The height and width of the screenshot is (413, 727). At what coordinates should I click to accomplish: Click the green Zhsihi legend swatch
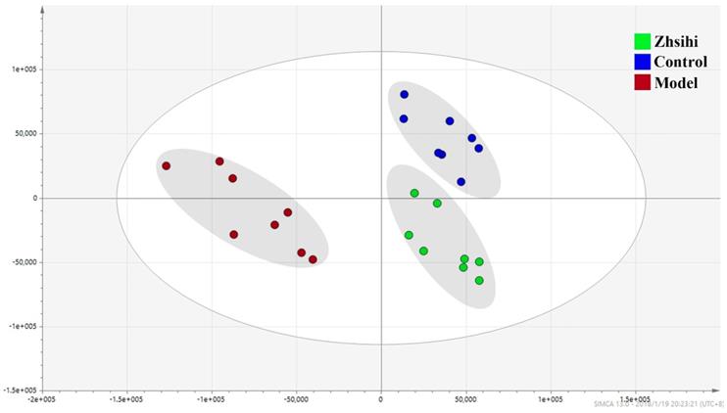(x=643, y=42)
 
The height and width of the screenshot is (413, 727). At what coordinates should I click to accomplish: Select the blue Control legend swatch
(x=643, y=62)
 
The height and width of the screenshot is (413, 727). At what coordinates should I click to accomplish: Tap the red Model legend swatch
(x=643, y=82)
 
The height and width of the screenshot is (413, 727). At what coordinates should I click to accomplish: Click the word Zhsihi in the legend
(x=677, y=42)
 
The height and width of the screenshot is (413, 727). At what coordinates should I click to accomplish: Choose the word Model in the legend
(x=676, y=83)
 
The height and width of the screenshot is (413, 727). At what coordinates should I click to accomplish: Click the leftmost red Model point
(x=167, y=166)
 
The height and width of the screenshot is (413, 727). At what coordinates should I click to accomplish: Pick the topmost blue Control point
(x=404, y=95)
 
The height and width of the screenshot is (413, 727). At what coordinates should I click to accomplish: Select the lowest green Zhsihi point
(x=479, y=281)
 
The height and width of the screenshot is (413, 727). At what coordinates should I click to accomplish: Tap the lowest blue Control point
(x=460, y=182)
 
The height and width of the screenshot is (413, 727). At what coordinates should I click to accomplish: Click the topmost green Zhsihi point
(x=414, y=194)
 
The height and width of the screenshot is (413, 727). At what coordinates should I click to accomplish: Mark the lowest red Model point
(x=313, y=259)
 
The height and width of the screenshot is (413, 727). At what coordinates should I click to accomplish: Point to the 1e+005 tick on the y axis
(x=18, y=69)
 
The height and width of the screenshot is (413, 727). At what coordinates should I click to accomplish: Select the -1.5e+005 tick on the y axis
(x=16, y=390)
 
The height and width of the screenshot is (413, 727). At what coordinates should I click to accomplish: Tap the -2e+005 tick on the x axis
(x=42, y=399)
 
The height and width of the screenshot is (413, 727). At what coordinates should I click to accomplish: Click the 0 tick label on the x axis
(x=381, y=399)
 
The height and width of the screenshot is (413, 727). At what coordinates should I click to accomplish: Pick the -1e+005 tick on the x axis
(x=212, y=399)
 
